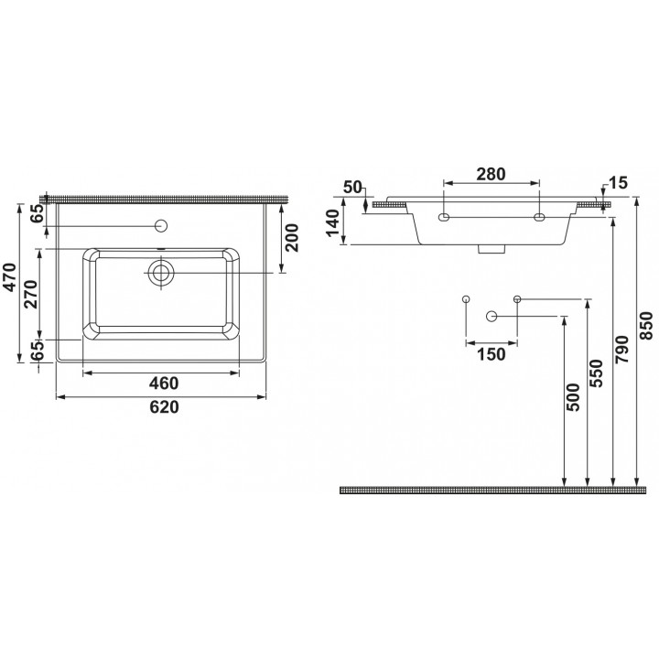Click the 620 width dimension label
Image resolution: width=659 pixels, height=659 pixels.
[165, 406]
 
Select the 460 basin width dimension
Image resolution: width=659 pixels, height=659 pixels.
[165, 383]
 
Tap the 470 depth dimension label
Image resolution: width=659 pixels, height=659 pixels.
[10, 277]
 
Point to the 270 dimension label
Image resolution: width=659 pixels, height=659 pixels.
[31, 294]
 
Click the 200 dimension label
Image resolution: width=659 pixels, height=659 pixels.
[291, 238]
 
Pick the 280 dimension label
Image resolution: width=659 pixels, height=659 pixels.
[491, 174]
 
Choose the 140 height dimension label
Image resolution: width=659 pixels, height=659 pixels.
[332, 223]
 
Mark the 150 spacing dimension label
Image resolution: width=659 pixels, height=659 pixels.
[492, 354]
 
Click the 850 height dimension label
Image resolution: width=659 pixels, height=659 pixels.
[648, 326]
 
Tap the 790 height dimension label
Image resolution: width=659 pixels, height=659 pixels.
[621, 350]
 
